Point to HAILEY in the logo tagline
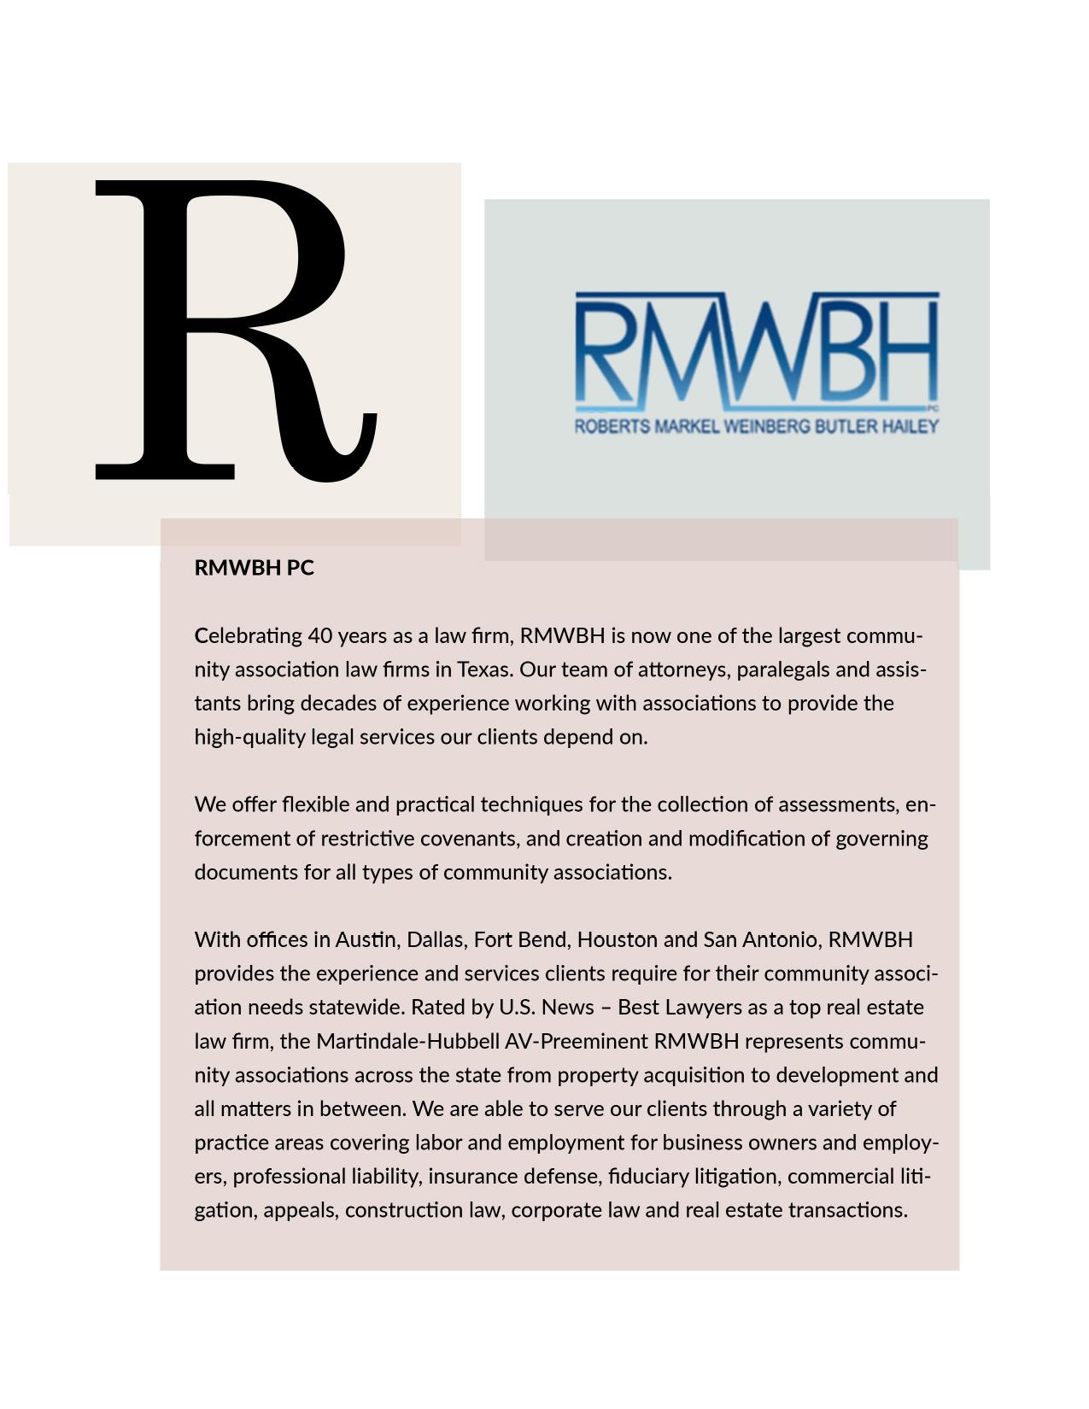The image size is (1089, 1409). pos(910,426)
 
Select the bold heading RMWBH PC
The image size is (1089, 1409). pos(255,568)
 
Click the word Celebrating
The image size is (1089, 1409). pos(249,636)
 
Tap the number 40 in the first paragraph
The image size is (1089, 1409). pos(319,636)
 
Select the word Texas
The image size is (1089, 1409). pos(484,669)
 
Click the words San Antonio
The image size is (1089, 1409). pos(760,940)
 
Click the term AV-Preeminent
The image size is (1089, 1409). pos(576,1042)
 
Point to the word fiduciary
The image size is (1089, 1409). pos(647,1177)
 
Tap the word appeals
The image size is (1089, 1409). pos(299,1211)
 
